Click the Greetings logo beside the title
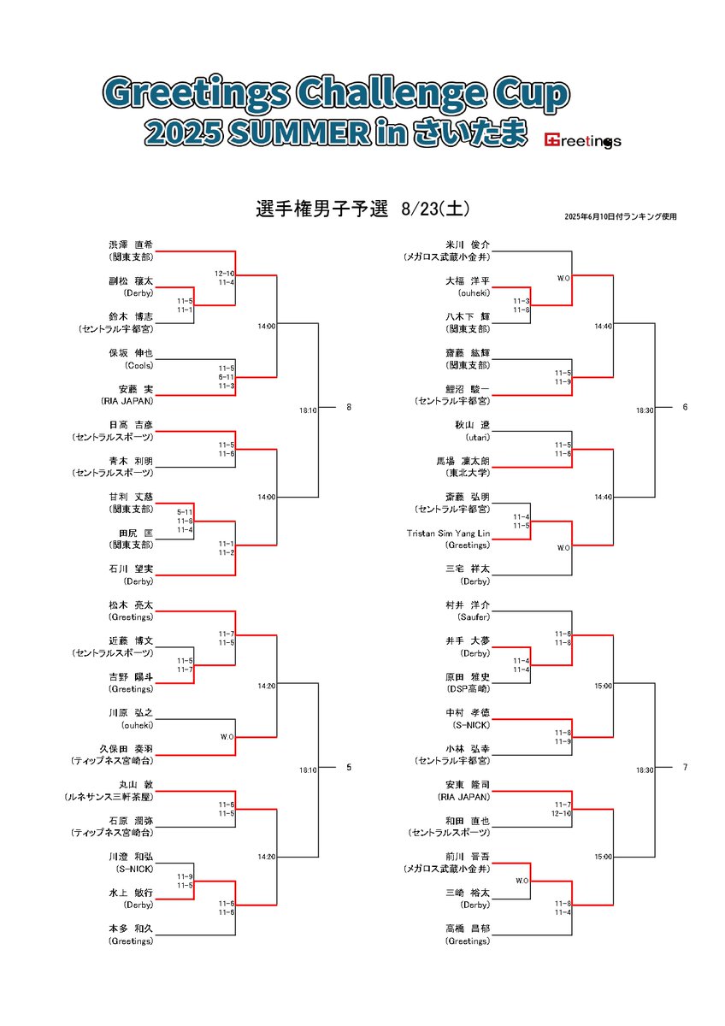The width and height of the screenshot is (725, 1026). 582,140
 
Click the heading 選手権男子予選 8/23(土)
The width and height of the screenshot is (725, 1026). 362,209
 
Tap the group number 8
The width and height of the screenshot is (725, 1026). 349,408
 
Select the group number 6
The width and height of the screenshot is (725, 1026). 685,408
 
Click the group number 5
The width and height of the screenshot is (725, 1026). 349,768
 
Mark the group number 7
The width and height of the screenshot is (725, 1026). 685,768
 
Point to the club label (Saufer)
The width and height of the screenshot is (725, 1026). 468,616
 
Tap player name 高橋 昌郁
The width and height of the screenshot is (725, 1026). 468,929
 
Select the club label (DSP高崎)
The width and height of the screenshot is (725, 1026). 467,688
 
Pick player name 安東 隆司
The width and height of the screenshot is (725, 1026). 468,784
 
